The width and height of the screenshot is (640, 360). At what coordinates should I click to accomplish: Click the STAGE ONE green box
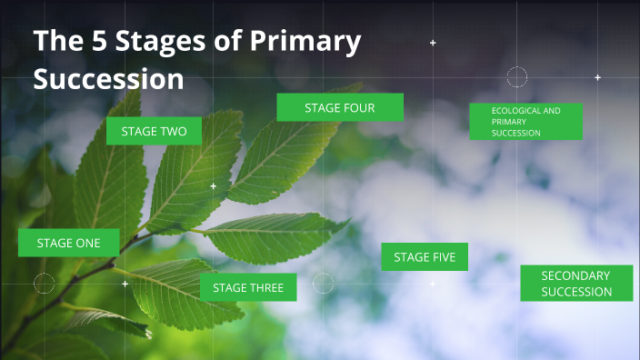(69, 243)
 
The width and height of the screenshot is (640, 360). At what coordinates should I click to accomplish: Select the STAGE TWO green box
(154, 132)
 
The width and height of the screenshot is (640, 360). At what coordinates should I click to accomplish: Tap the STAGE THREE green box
(248, 287)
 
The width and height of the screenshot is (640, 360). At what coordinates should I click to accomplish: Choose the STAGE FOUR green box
(340, 107)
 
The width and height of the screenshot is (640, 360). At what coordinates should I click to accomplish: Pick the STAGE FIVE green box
(425, 257)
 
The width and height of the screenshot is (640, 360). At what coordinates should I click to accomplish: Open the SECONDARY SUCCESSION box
(575, 284)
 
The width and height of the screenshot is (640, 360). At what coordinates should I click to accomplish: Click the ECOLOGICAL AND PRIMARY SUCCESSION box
(525, 122)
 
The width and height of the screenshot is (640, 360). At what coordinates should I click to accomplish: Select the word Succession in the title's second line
(109, 78)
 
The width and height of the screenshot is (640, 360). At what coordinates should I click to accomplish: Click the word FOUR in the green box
(359, 107)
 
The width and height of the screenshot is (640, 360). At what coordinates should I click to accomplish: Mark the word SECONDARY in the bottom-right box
(575, 275)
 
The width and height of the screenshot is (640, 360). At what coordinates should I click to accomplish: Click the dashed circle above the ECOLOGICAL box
(516, 77)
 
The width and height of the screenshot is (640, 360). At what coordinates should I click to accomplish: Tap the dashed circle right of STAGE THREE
(324, 284)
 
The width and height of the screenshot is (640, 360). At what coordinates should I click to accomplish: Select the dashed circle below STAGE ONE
(45, 283)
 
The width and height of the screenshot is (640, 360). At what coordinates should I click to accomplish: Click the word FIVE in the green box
(444, 257)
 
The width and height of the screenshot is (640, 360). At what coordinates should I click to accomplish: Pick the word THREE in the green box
(267, 288)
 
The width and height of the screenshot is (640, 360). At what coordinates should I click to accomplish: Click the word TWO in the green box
(175, 132)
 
